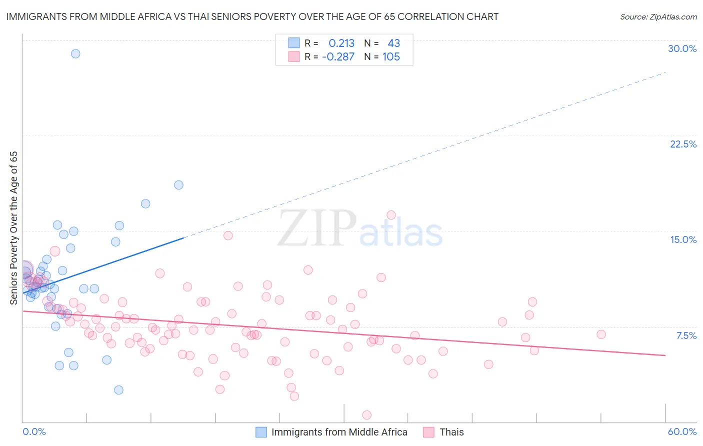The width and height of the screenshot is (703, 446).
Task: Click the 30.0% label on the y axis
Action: click(x=682, y=48)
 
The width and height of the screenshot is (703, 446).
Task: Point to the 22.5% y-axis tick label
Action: click(x=683, y=144)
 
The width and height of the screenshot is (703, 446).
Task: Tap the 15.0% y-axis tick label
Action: click(x=683, y=239)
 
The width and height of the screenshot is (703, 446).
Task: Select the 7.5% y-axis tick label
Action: click(x=686, y=335)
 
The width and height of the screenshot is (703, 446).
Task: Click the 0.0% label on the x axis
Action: click(x=34, y=431)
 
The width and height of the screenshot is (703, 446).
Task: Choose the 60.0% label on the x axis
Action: click(x=682, y=431)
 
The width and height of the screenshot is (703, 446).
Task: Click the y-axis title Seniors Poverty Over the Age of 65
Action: click(x=13, y=228)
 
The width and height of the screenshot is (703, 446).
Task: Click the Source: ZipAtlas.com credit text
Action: click(x=658, y=16)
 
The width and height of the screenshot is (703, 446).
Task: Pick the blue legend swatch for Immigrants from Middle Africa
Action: click(x=261, y=432)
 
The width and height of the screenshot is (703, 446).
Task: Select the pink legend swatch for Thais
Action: click(x=428, y=432)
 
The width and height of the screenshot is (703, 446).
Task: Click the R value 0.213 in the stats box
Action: click(x=341, y=43)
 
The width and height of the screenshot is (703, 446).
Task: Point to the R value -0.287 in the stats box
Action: click(x=338, y=57)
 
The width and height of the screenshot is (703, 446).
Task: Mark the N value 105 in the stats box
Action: click(x=391, y=57)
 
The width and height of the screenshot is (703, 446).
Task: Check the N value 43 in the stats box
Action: click(x=393, y=43)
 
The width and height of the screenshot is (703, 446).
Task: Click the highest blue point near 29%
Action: click(x=75, y=53)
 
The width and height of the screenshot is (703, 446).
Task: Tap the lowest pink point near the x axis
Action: click(x=366, y=415)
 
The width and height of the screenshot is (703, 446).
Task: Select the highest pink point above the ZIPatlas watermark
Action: click(x=391, y=215)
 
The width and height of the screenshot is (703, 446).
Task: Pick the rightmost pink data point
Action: click(x=601, y=334)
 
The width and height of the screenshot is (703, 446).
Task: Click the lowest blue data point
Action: click(x=118, y=390)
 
